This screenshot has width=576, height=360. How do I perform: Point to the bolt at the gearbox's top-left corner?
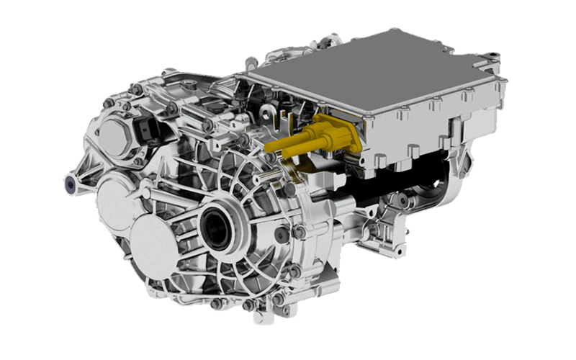tap(109, 104)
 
